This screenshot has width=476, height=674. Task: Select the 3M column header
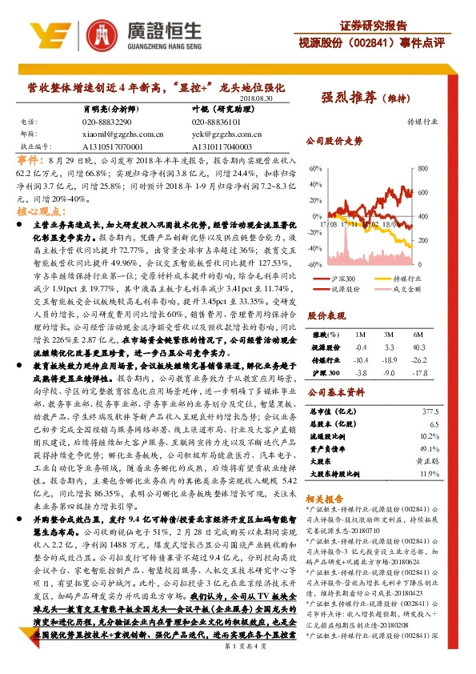[390, 334]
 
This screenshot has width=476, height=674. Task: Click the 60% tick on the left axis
[315, 175]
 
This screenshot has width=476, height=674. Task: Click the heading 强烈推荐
[349, 98]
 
